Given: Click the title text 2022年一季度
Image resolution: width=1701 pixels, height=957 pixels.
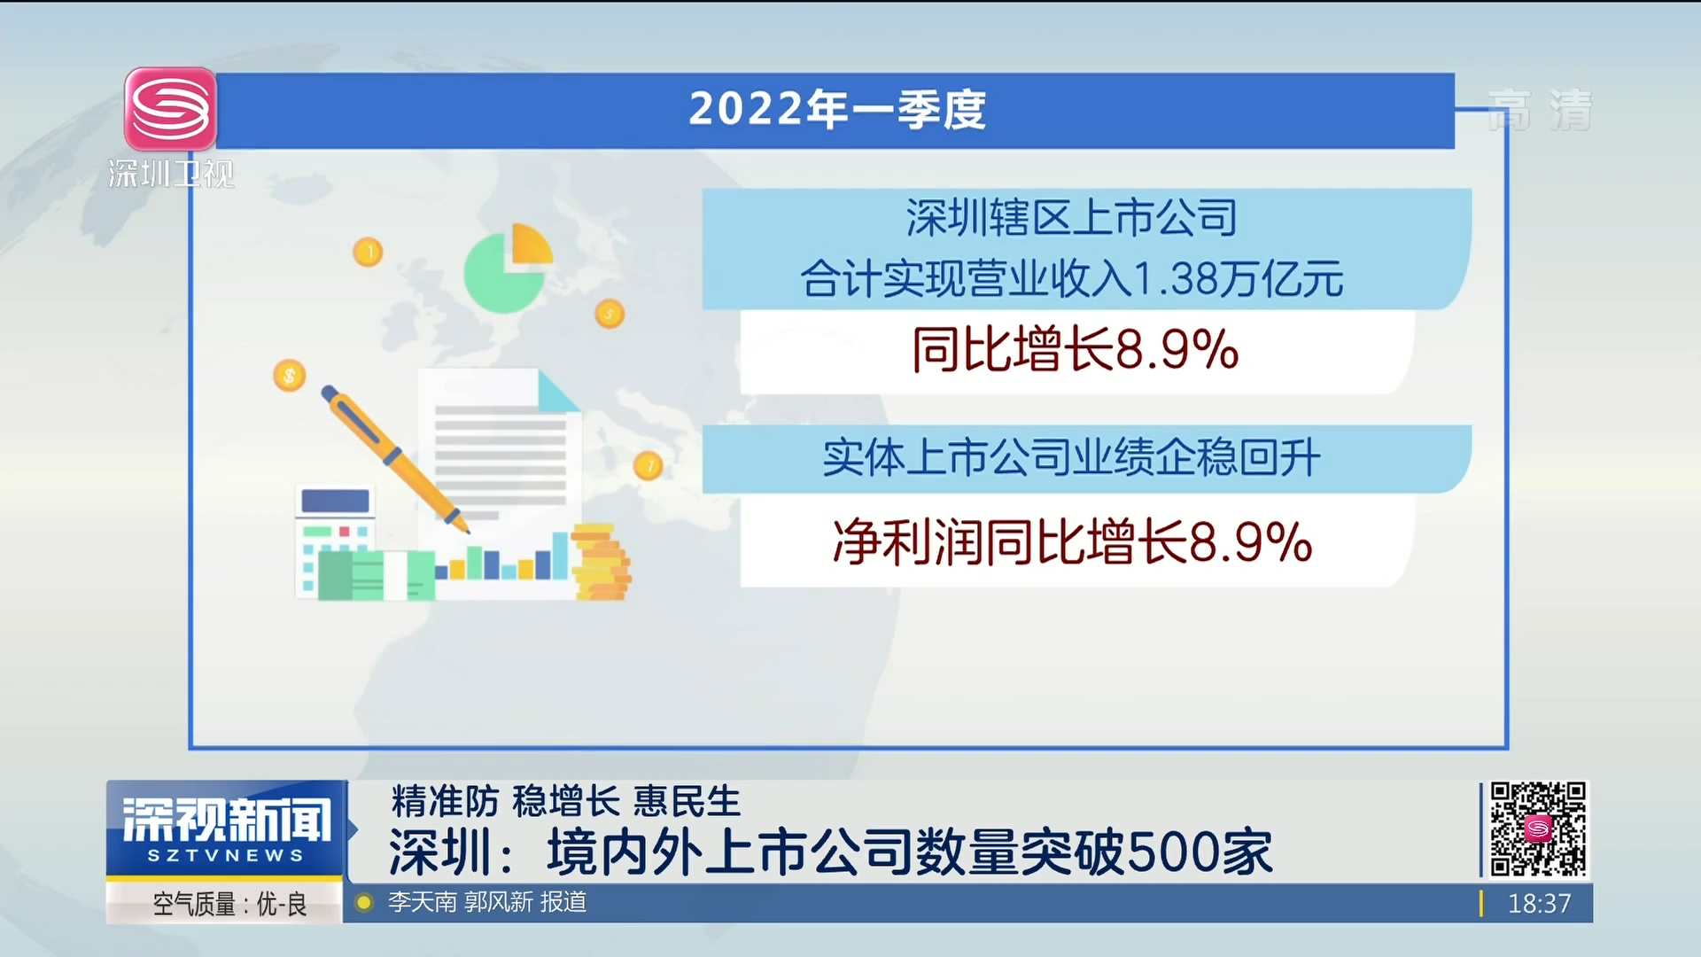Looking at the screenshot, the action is coord(837,110).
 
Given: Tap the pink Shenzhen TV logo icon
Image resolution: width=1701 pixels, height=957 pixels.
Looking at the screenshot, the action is coord(170,109).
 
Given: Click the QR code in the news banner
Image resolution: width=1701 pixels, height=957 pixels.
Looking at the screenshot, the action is coord(1538,829).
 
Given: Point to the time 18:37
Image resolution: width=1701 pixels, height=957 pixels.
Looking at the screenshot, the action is coord(1539,904).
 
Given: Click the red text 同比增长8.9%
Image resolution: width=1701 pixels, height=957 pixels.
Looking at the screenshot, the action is coord(1075,349).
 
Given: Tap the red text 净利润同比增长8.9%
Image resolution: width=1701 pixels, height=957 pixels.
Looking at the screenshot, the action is coord(1072,541).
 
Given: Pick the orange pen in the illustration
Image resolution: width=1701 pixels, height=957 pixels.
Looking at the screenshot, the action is coord(395,459).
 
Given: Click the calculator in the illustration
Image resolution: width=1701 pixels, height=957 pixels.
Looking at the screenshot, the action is coord(334,542).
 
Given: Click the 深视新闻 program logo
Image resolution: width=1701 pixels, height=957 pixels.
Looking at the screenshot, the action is coord(226,829).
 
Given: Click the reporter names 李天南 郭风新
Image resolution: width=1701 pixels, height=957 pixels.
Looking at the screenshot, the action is coord(461,902).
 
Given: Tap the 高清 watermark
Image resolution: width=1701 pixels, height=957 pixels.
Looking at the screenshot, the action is coord(1540,111).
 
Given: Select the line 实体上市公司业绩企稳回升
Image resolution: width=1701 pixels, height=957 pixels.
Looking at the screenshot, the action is coord(1071,458).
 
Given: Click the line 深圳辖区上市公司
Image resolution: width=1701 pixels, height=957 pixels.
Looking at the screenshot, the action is coord(1071,218).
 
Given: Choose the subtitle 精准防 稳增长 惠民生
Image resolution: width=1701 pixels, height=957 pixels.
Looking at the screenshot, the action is coord(566,801).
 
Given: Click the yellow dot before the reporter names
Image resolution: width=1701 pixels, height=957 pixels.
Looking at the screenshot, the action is coord(363,903).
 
